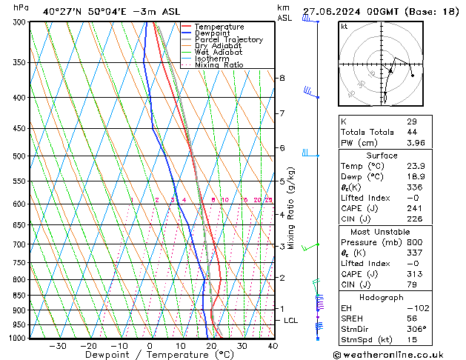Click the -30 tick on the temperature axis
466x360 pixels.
tap(58, 346)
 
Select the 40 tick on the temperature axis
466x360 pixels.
tap(273, 346)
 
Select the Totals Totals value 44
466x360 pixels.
tap(412, 132)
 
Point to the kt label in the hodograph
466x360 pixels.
tap(344, 26)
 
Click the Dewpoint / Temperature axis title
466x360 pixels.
tap(147, 355)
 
